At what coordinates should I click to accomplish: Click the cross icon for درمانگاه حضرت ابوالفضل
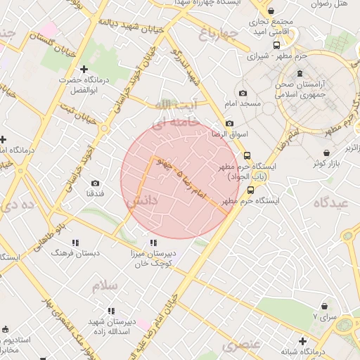point(84,69)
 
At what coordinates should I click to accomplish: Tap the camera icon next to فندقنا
point(95,183)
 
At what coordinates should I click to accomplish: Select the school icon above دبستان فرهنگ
point(76,243)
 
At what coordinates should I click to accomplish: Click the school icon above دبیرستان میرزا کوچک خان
point(153,243)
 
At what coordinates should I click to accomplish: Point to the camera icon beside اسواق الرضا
point(229,123)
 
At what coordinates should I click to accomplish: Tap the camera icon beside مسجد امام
point(243,94)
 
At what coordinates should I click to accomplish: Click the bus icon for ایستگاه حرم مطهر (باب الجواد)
point(247,156)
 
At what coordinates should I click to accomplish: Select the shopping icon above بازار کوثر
point(327,153)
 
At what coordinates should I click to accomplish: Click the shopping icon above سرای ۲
point(323,307)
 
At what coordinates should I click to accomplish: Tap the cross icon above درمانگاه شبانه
point(302,341)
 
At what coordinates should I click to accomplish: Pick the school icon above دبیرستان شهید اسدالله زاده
point(111,310)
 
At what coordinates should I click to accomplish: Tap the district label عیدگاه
point(330,202)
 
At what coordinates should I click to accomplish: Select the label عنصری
point(242,345)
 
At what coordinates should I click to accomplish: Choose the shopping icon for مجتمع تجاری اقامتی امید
point(271,11)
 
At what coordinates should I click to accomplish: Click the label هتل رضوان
point(331,4)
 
